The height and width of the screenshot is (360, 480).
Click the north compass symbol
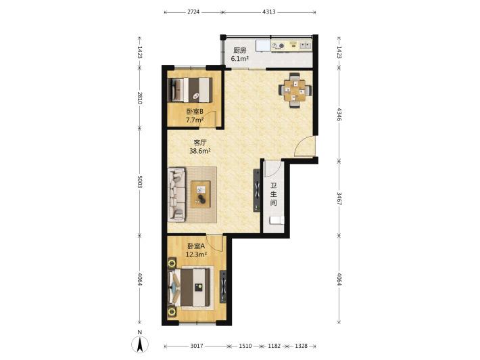[140, 342]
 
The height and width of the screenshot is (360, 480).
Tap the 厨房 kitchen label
[239, 50]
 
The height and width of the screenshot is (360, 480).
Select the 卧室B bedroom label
[195, 112]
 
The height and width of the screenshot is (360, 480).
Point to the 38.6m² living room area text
[200, 151]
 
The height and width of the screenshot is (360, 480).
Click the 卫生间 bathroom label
[273, 194]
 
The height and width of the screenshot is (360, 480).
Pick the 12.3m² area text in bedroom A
[196, 254]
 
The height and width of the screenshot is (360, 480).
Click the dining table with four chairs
[295, 90]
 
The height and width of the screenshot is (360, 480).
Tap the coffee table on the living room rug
[201, 194]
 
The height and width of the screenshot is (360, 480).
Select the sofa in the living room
[176, 194]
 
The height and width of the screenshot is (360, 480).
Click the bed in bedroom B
[190, 90]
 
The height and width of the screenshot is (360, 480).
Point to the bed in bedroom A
[189, 287]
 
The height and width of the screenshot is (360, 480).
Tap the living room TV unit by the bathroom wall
[256, 190]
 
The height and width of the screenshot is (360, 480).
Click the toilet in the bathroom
[277, 221]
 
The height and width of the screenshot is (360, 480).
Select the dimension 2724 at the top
[193, 12]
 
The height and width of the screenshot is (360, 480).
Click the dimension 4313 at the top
[269, 12]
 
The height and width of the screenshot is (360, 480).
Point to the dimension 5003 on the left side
[140, 181]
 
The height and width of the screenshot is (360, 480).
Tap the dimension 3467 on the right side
[339, 198]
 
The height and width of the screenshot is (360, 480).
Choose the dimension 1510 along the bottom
[245, 346]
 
